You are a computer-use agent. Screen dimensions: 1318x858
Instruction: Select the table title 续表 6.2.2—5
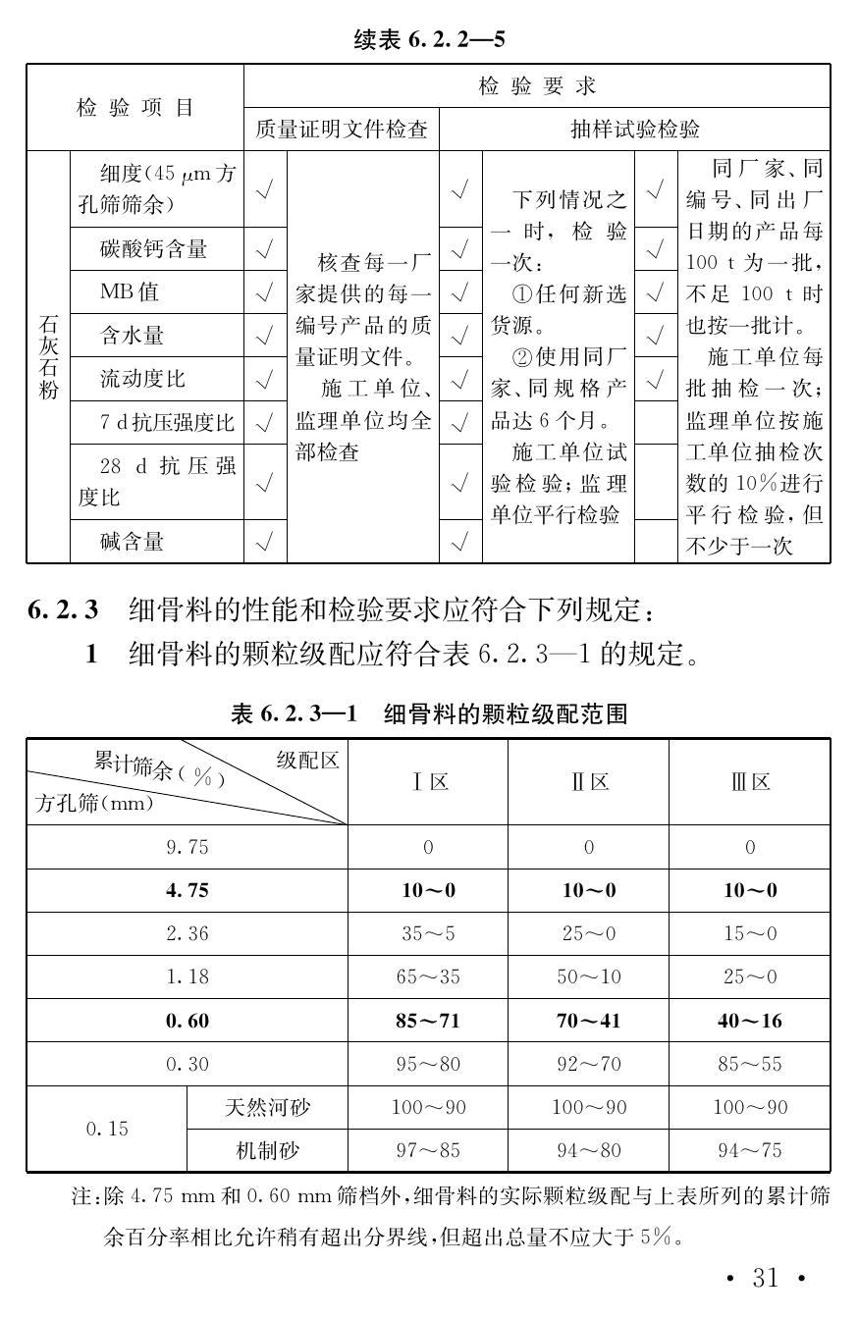click(429, 40)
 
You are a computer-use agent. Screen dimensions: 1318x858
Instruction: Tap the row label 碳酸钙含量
click(154, 249)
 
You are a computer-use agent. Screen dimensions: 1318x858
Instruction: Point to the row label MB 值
click(129, 292)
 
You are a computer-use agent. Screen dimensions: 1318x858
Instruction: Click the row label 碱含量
click(132, 541)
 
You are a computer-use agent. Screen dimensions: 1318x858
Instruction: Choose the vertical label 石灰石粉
click(48, 357)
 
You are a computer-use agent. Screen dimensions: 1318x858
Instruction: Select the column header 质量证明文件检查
click(341, 130)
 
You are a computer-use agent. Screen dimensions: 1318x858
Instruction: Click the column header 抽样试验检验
click(634, 130)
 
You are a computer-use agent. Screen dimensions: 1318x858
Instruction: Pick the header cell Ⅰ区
click(428, 782)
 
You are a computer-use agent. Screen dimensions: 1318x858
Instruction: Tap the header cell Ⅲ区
click(749, 782)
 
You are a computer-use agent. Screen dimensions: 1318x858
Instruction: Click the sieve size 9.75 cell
click(187, 847)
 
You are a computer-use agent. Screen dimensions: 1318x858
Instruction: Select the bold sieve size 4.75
click(187, 890)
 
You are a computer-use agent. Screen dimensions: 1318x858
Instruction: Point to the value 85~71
click(428, 1021)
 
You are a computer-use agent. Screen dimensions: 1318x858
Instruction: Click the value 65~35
click(428, 976)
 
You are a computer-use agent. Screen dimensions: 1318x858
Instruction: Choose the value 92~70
click(588, 1064)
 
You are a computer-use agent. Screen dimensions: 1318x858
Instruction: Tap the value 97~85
click(428, 1150)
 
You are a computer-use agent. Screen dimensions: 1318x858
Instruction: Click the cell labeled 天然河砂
click(267, 1107)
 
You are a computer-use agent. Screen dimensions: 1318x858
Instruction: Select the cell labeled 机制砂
click(267, 1150)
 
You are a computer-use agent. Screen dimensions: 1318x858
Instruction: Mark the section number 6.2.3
click(63, 610)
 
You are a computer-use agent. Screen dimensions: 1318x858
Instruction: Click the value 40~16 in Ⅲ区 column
click(749, 1021)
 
